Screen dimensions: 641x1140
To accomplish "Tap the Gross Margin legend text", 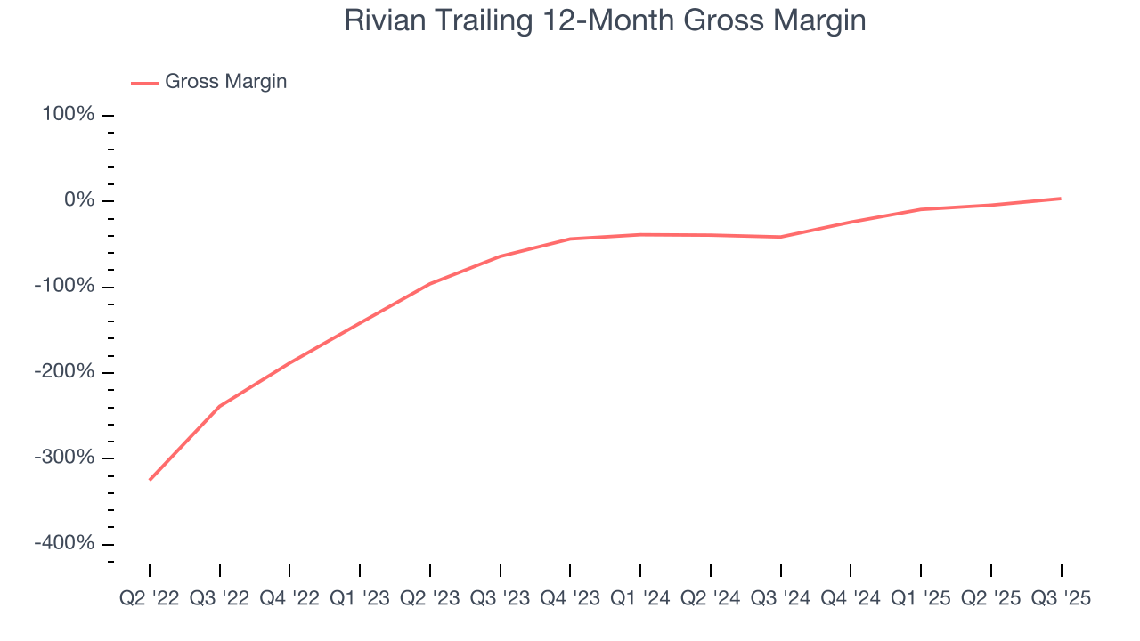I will click(x=226, y=82).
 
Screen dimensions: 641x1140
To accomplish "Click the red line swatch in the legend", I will click(x=144, y=83).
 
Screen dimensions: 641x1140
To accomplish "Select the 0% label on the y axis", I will click(x=79, y=200).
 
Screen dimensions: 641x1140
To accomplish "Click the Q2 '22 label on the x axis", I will click(x=149, y=598).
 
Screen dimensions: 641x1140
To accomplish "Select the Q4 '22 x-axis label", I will click(x=289, y=598).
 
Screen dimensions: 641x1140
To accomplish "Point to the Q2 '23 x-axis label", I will click(x=430, y=598).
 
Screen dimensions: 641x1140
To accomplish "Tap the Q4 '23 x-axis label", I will click(x=570, y=598).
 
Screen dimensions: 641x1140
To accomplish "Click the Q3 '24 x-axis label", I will click(x=781, y=598).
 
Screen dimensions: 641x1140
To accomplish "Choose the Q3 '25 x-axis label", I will click(x=1061, y=598).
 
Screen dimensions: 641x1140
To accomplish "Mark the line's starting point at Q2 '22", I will click(x=150, y=480).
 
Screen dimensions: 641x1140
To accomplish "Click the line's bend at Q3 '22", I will click(x=219, y=406).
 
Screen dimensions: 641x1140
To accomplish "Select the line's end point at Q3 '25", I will click(x=1061, y=199).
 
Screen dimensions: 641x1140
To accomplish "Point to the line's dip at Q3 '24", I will click(x=781, y=237).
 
